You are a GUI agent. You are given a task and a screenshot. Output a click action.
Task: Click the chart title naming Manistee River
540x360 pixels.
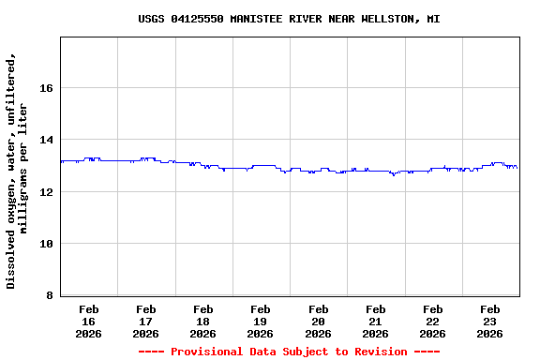(x=289, y=19)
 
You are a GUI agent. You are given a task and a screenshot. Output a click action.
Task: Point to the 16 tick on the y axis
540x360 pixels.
(x=45, y=88)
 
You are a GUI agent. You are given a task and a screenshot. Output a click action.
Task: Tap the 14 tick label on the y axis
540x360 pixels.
(x=45, y=140)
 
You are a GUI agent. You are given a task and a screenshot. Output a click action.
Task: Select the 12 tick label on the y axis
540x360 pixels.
(x=45, y=192)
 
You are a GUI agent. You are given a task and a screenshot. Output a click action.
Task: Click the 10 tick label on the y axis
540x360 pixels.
(x=45, y=244)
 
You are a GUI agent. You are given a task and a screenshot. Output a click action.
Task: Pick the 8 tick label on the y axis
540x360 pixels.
(x=49, y=296)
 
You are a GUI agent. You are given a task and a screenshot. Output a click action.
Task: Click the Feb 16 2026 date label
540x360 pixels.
(x=89, y=321)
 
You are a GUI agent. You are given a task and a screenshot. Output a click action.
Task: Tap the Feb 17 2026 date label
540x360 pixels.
(x=146, y=321)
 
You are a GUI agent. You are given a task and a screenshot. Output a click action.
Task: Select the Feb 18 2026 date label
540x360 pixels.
(x=203, y=321)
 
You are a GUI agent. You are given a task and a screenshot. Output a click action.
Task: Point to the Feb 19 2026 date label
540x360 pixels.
(x=261, y=321)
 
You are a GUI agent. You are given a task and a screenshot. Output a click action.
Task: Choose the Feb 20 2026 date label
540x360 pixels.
(x=318, y=321)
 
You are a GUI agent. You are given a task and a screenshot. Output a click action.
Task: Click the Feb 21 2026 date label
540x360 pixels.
(x=376, y=321)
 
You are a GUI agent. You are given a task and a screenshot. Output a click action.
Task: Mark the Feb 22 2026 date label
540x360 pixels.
(x=433, y=321)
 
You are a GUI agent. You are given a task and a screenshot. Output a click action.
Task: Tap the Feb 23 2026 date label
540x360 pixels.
(x=490, y=321)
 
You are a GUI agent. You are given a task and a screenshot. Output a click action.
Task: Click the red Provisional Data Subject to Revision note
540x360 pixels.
(x=289, y=352)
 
